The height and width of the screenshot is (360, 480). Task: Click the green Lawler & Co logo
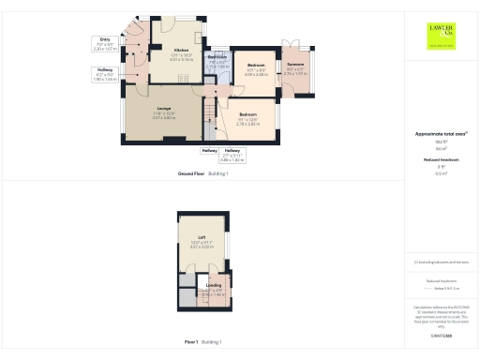point(442,36)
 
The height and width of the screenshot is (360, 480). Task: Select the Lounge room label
point(163,108)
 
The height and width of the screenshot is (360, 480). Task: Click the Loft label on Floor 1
point(202,238)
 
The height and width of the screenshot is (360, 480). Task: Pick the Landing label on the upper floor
point(214,284)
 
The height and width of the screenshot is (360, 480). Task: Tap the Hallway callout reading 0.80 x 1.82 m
point(232,155)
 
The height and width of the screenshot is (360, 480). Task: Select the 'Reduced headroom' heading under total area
point(441,160)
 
